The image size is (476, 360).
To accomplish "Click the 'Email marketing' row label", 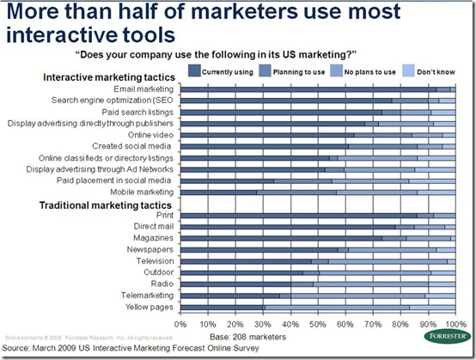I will pos(143,89).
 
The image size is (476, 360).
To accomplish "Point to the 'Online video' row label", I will pos(151,134).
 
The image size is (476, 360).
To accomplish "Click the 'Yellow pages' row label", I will pos(150,307).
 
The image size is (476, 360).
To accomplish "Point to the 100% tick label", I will pos(454,325).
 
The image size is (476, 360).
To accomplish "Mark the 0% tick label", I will pos(180,325).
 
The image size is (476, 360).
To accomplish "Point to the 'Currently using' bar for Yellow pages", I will pos(222,307).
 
